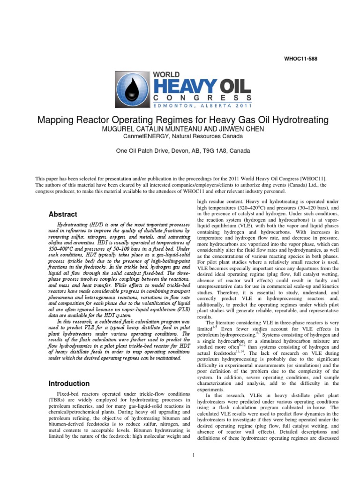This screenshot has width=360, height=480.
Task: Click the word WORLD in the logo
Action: click(x=162, y=75)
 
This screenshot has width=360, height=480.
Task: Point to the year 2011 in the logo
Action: click(x=234, y=107)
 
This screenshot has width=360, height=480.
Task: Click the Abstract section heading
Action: click(x=63, y=214)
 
